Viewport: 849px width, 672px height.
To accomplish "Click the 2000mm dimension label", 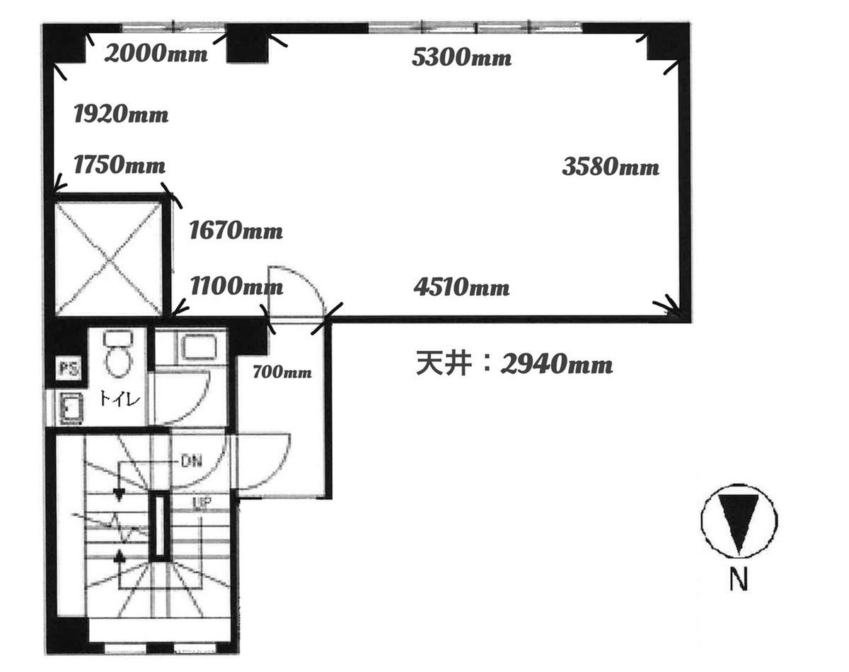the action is point(156,53).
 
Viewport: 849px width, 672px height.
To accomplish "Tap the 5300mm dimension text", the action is point(461,57).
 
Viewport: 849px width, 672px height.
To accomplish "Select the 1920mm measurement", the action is point(121,115).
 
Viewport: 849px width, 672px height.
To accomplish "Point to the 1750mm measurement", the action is point(120,165).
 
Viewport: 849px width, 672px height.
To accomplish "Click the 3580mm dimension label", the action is point(611,166).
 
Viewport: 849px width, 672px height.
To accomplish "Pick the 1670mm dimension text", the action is point(236,231).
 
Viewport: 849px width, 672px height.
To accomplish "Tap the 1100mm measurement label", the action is point(236,286).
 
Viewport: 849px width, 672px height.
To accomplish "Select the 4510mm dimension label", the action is point(461,287).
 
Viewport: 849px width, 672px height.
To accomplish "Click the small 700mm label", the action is point(282,372).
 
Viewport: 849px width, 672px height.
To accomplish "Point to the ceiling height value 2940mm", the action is point(557,364).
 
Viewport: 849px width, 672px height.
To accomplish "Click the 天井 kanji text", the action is point(444,364).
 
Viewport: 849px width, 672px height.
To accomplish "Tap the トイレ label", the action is point(120,398).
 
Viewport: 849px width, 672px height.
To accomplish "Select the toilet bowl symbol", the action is point(118,354).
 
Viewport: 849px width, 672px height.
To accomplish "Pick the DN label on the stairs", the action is point(191,460).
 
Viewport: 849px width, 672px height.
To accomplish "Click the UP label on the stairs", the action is point(202,503).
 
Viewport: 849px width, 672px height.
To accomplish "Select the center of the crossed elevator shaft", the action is point(108,259).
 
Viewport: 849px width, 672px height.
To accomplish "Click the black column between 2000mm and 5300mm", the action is point(248,43).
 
